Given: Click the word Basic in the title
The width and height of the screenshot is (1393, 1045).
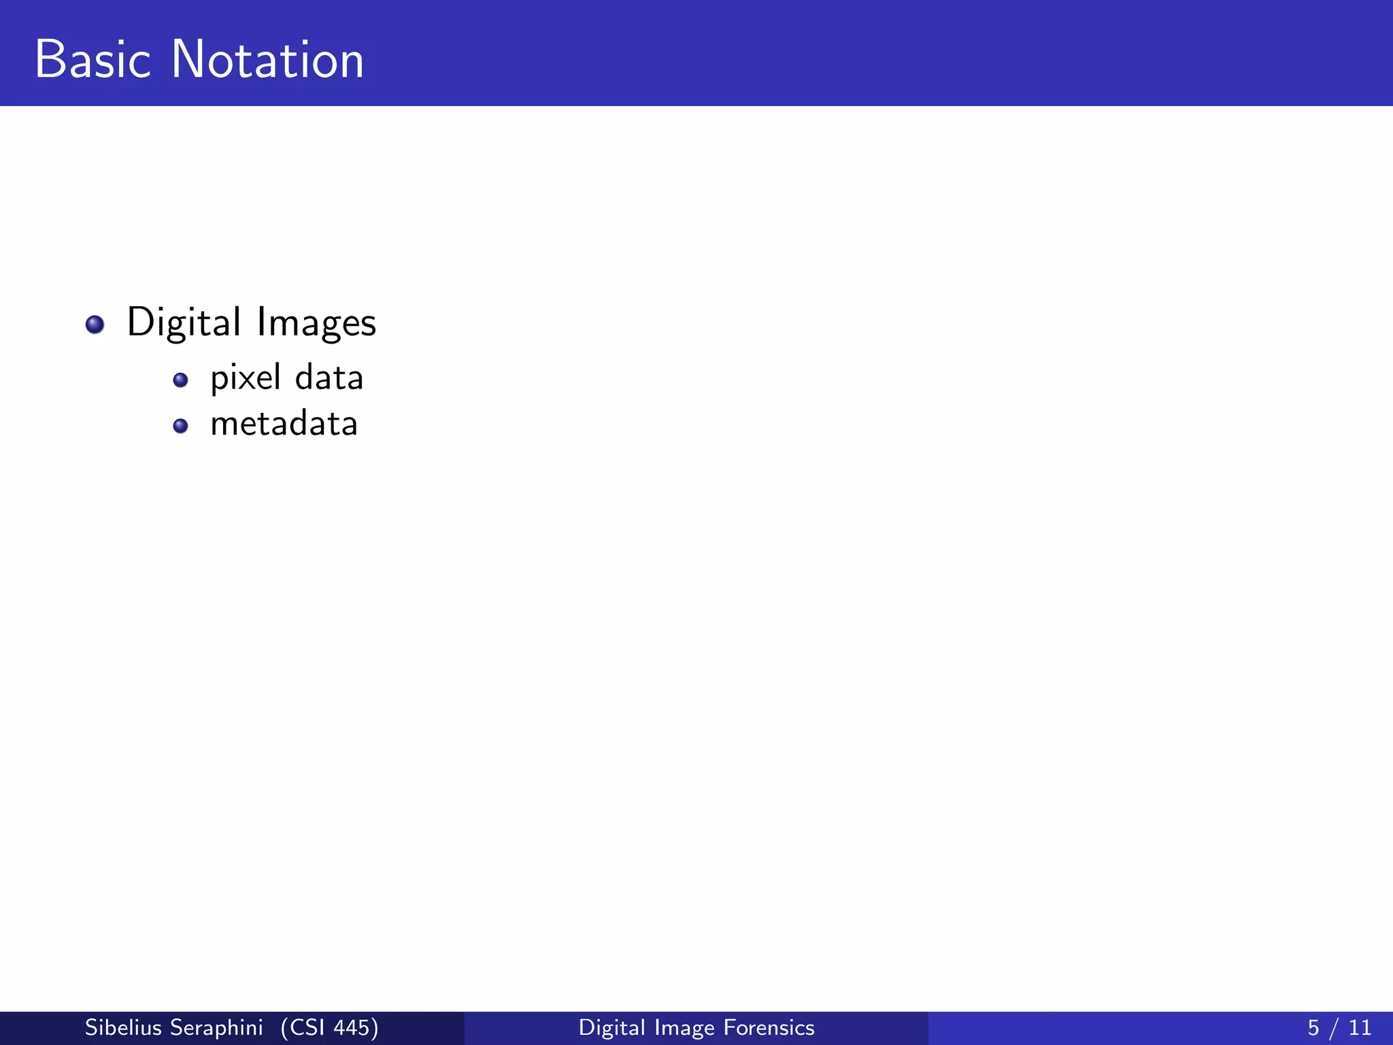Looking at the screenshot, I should (93, 60).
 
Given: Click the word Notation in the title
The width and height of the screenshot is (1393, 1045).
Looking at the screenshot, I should (267, 60).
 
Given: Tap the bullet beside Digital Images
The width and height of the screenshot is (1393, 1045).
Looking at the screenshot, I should (95, 325).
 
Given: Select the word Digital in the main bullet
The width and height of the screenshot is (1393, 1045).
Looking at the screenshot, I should (184, 322).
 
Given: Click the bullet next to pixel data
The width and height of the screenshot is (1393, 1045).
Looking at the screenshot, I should (180, 380).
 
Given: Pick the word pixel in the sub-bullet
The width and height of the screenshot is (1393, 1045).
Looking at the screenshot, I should (246, 378).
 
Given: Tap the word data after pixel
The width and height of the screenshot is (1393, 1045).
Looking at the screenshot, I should (329, 378).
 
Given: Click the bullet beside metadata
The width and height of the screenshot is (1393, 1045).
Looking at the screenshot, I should (180, 426).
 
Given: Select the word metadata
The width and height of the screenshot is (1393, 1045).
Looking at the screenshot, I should (284, 425).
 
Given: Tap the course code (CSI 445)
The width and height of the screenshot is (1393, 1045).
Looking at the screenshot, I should (329, 1028).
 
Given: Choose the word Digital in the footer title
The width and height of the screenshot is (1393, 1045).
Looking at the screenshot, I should (612, 1028).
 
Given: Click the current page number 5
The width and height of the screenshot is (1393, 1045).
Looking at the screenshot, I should (1313, 1028).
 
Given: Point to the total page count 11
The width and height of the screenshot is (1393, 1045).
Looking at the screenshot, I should (1360, 1028).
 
